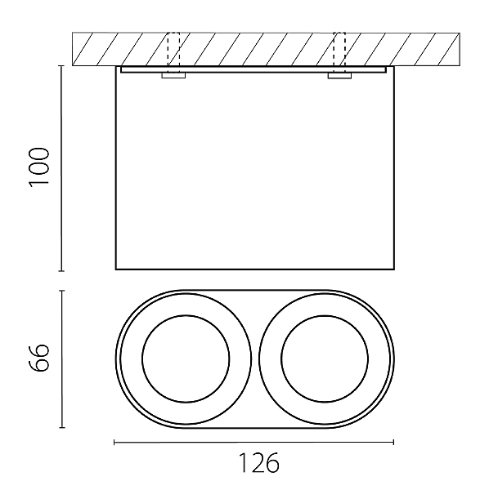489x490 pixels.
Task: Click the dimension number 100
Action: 39,167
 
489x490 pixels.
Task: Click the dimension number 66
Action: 39,358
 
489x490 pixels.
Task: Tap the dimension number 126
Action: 258,463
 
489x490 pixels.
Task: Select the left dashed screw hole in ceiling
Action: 173,49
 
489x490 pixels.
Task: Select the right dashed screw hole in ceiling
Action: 339,49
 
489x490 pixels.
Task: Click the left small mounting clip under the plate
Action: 173,75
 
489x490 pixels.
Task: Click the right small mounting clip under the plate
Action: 339,75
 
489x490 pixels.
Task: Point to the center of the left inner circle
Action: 186,359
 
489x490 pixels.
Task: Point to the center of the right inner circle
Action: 325,359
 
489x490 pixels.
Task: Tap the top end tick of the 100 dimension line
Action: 61,66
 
